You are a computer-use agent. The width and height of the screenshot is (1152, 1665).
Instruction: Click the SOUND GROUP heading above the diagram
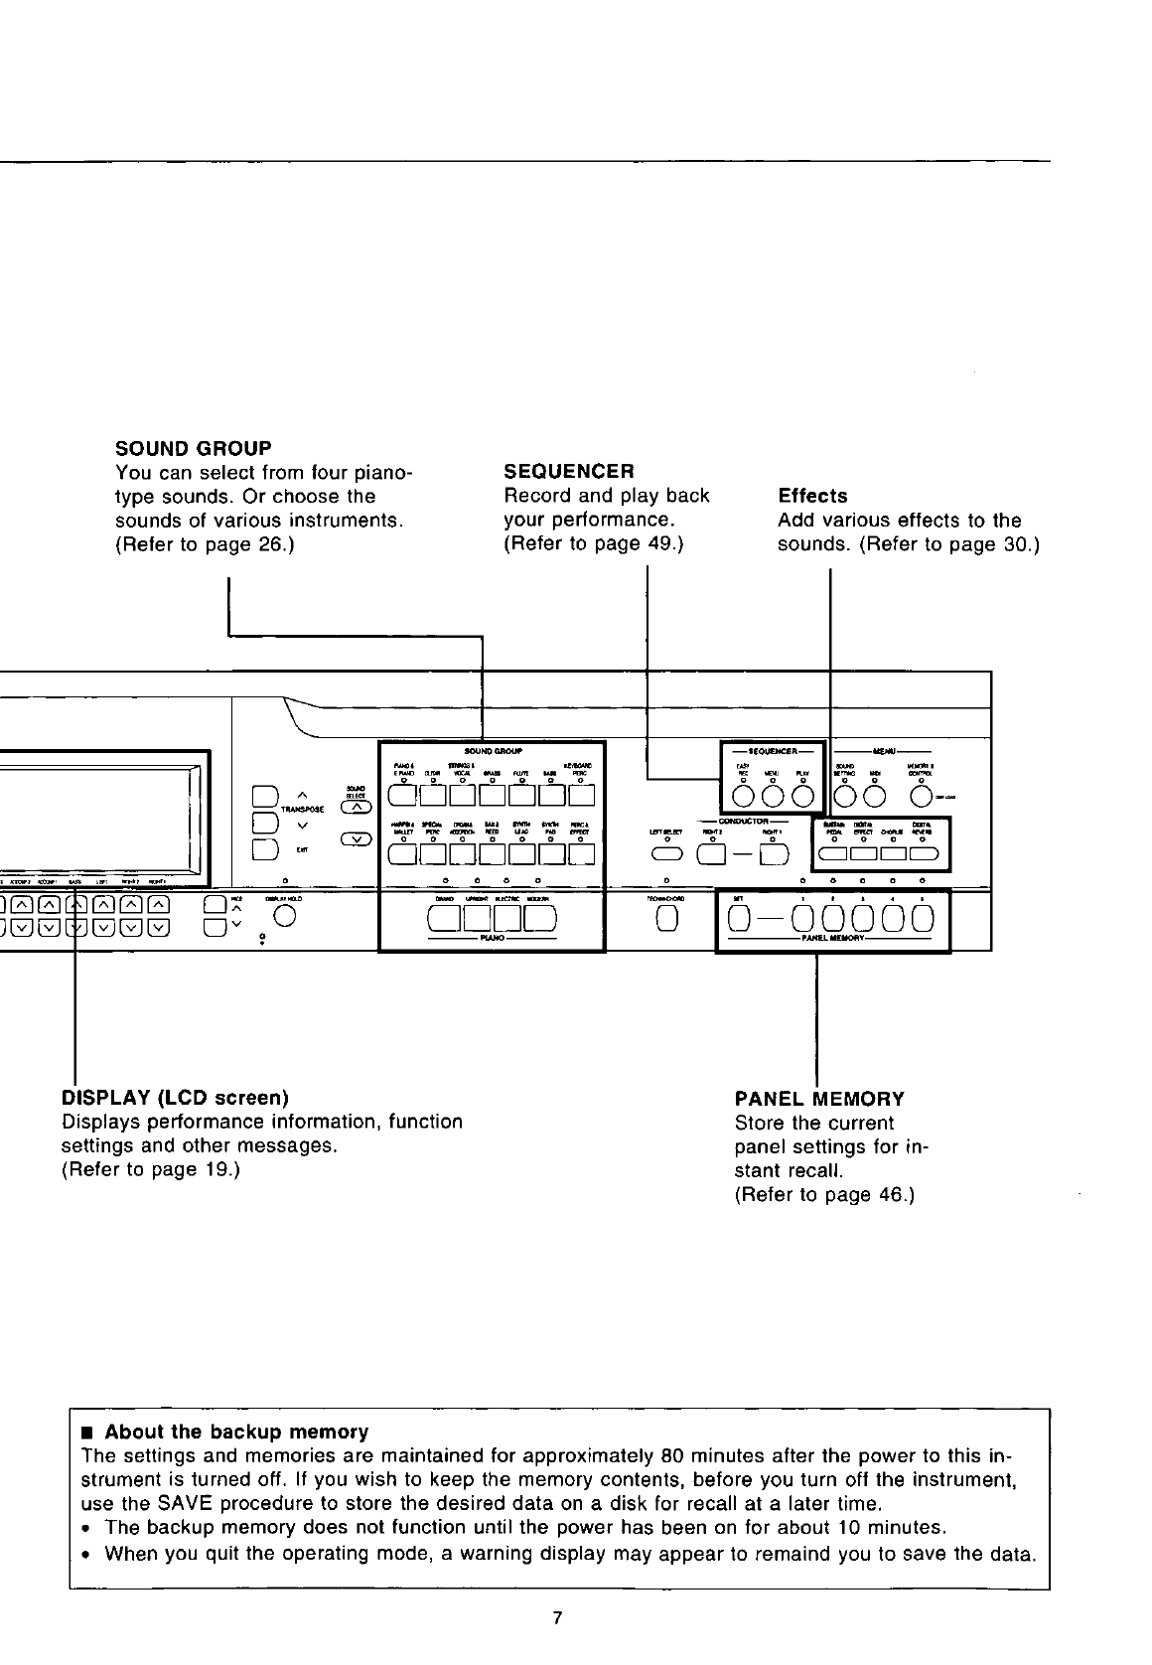click(194, 448)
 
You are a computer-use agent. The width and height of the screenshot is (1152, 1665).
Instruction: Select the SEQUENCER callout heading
click(569, 471)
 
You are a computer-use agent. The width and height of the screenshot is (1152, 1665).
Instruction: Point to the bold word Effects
click(812, 496)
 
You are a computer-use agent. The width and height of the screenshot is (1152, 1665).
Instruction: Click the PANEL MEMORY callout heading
click(819, 1099)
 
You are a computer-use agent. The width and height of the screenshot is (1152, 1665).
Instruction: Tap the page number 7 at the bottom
click(557, 1618)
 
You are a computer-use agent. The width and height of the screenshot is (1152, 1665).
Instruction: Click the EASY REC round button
click(742, 795)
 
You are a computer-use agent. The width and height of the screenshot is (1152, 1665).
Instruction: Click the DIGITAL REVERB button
click(924, 853)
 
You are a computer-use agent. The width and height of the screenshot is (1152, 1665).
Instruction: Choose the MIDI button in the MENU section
click(875, 795)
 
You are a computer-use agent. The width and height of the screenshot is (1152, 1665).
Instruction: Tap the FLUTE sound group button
click(519, 795)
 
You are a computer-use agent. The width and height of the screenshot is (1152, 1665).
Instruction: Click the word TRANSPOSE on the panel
click(302, 810)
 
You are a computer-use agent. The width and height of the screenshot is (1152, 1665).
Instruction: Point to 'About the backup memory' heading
click(236, 1432)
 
